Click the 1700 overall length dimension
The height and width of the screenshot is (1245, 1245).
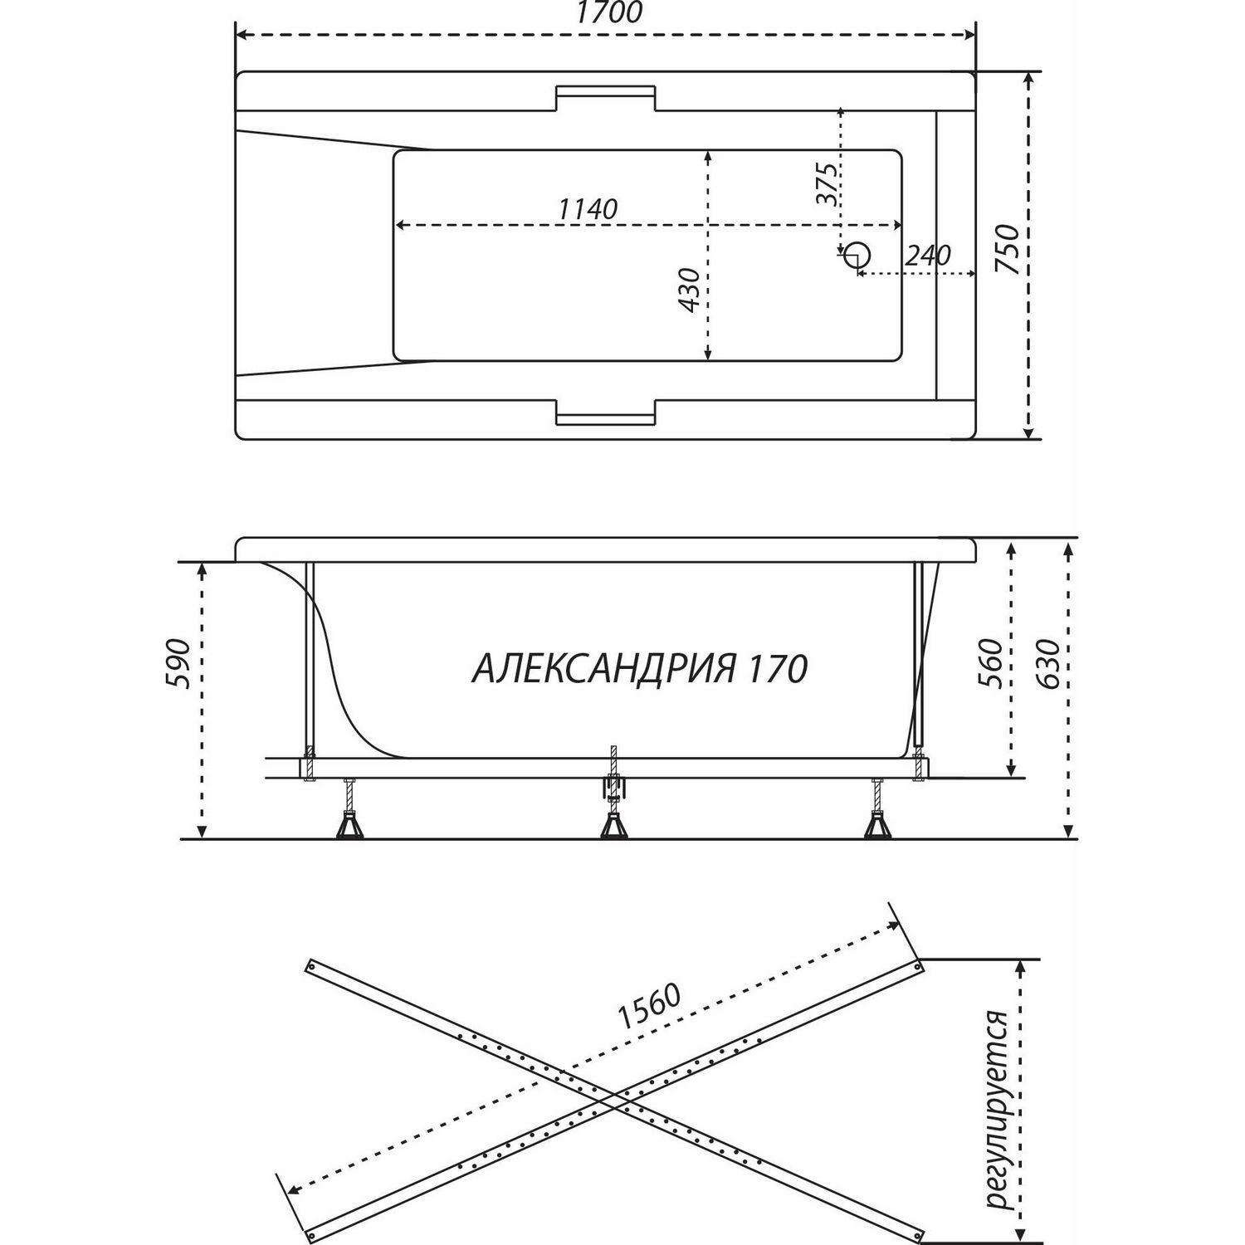[x=606, y=13]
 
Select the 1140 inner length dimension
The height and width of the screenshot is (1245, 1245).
[x=588, y=208]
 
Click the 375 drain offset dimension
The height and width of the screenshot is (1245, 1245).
[x=826, y=183]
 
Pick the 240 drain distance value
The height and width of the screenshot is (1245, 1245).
[x=927, y=256]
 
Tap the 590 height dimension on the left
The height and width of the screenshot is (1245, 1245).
[x=181, y=665]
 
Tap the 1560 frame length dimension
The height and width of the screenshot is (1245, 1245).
[x=649, y=1007]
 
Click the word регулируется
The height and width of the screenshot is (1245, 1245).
[x=994, y=1098]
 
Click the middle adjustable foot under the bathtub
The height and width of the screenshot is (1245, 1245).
[x=613, y=818]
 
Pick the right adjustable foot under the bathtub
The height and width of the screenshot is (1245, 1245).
[x=876, y=818]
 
